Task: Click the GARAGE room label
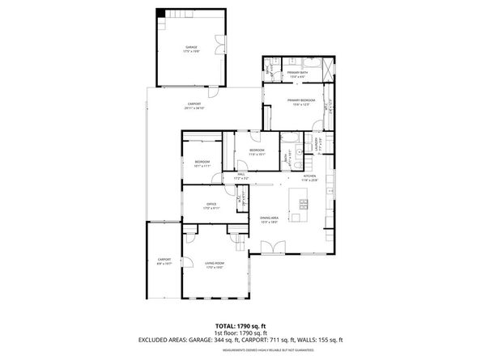click(x=191, y=49)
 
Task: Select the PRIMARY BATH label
click(x=297, y=73)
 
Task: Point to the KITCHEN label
click(x=309, y=177)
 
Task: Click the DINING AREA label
click(x=270, y=218)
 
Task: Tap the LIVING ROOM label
click(x=214, y=264)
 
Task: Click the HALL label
click(x=240, y=175)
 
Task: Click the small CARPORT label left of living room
click(x=164, y=261)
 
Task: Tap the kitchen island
click(x=302, y=217)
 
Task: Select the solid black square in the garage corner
click(x=160, y=13)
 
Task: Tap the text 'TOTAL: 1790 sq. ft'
click(x=240, y=324)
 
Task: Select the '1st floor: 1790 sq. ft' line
click(x=240, y=332)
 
